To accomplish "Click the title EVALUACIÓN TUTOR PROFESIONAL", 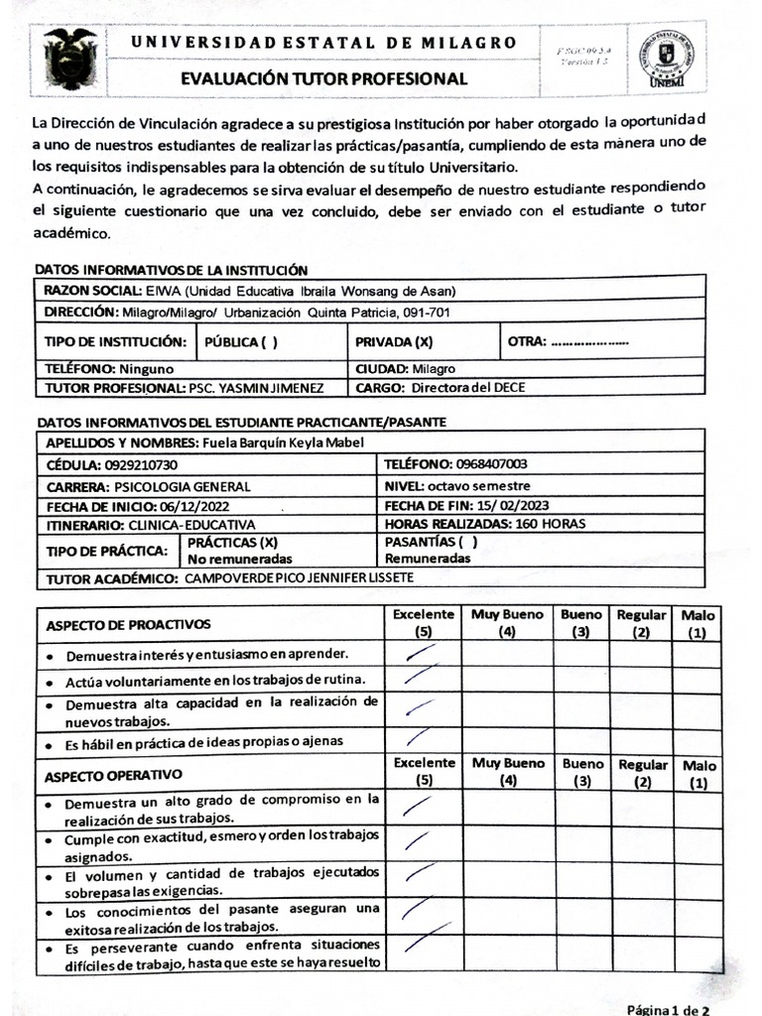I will point(323,78).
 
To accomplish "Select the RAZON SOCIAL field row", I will point(373,290).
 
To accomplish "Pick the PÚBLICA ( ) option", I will point(241,341).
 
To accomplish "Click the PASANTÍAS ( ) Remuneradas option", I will point(431,550).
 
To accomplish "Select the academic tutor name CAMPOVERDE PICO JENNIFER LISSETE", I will point(299,577).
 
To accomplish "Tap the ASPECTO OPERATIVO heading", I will point(114,773).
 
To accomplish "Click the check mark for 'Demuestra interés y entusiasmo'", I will point(421,652).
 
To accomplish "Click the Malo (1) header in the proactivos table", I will point(698,623).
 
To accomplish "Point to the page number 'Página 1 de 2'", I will point(667,1008).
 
